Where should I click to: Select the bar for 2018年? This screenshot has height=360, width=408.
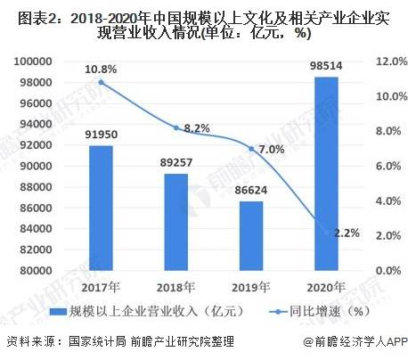175,222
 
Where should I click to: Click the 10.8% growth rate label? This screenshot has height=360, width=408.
100,67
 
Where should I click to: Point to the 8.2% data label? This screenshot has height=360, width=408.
198,129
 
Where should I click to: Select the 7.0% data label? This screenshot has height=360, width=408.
273,150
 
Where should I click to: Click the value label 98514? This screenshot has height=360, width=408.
327,66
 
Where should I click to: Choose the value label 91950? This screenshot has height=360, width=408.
100,135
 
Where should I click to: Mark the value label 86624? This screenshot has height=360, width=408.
251,191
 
